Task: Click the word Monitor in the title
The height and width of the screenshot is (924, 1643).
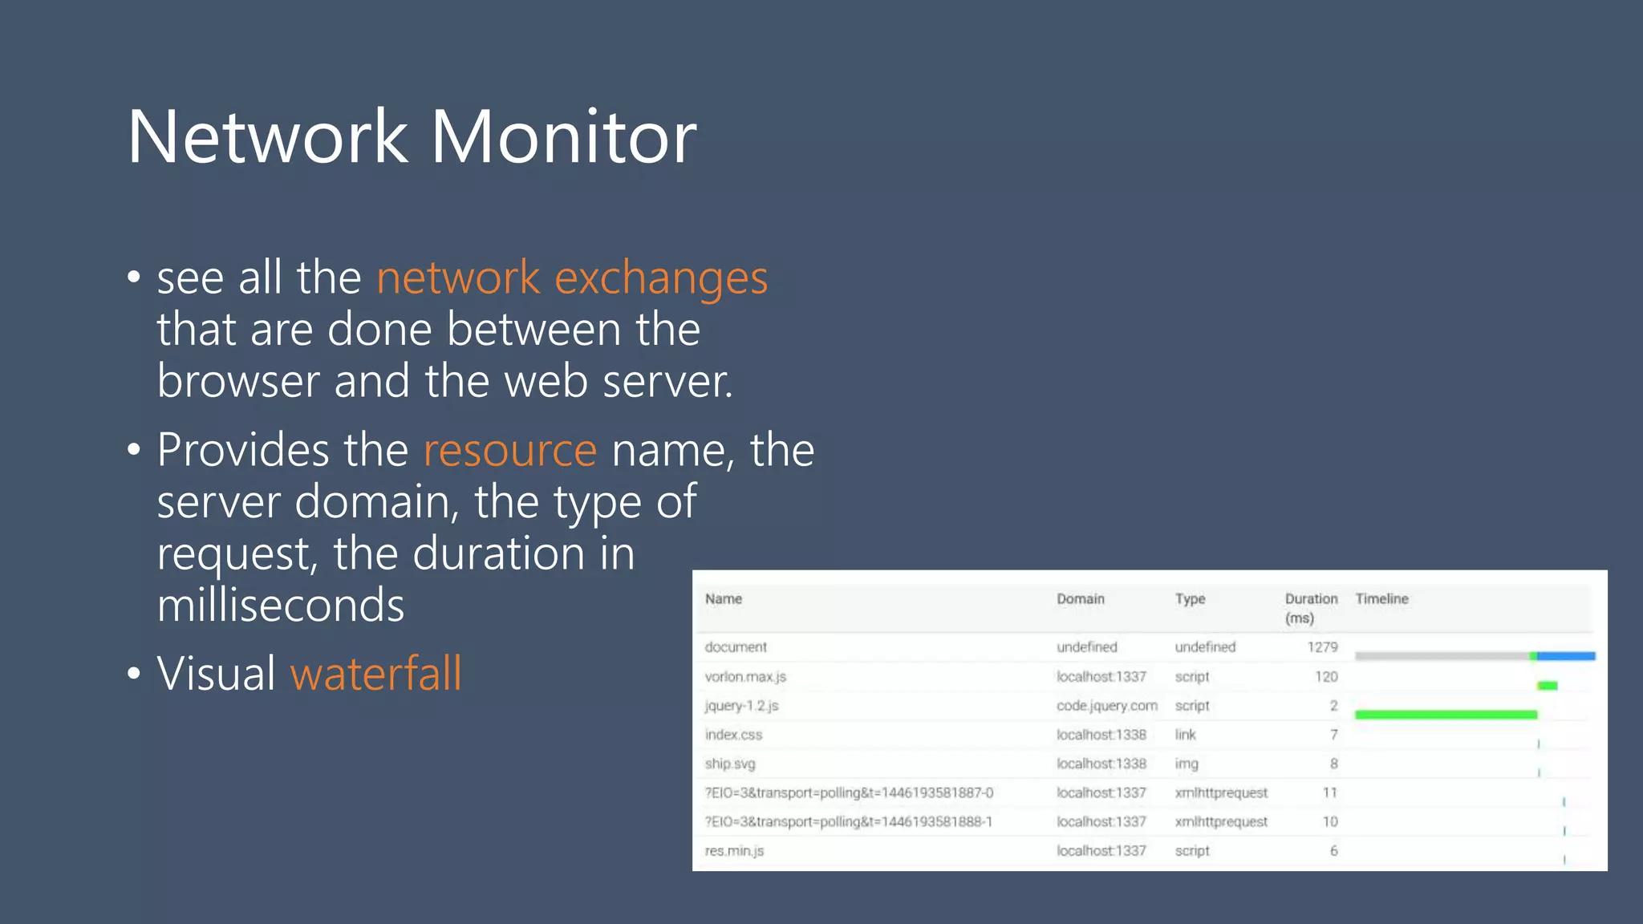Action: tap(564, 137)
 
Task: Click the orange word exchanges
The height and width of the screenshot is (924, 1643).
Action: tap(661, 278)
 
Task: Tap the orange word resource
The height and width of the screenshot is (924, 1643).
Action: tap(509, 450)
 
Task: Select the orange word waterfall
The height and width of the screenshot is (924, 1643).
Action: tap(375, 673)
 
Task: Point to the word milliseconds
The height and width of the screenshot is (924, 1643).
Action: tap(281, 605)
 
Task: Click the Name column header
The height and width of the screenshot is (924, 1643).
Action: tap(724, 599)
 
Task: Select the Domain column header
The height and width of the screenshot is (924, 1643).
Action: tap(1080, 599)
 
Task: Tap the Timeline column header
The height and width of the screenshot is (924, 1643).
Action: tap(1381, 599)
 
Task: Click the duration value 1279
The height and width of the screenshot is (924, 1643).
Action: tap(1322, 647)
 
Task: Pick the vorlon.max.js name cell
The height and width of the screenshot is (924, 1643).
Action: tap(745, 677)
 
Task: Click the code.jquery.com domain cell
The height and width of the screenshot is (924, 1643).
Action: tap(1106, 706)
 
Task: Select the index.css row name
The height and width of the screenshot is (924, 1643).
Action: tap(733, 735)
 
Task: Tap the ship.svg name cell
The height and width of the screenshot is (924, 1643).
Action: tap(730, 764)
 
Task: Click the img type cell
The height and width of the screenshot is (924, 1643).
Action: tap(1187, 764)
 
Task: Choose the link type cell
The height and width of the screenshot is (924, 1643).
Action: tap(1185, 735)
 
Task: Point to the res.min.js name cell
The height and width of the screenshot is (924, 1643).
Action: tap(734, 851)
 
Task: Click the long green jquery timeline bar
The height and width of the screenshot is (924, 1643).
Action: tap(1446, 715)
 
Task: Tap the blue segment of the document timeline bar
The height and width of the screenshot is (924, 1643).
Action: tap(1566, 656)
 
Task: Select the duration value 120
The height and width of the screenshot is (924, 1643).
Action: tap(1326, 677)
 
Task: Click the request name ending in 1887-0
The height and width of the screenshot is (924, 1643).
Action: tap(849, 793)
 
